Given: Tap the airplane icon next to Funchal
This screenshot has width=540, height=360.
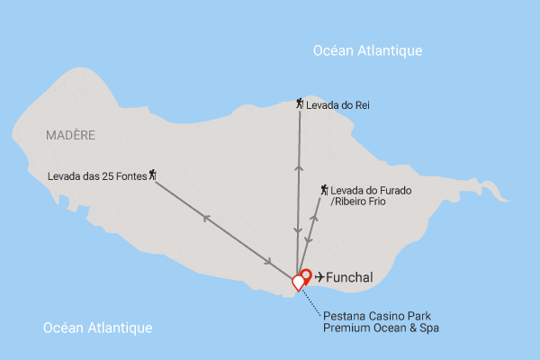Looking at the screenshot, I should tap(319, 277).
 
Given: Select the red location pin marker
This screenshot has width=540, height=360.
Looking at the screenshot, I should tap(306, 275).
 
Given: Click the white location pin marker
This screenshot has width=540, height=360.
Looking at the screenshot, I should tap(299, 283).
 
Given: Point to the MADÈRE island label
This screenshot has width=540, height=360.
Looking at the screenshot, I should tap(69, 135).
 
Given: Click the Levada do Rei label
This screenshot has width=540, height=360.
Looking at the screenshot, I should tap(337, 105).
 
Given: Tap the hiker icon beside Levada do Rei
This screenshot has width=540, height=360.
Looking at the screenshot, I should tap(300, 104).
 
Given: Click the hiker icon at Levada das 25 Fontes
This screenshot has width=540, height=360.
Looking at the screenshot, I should tap(153, 174).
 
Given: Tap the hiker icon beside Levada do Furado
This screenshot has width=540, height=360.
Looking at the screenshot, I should tap(324, 190).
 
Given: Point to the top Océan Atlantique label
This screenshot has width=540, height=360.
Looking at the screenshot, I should tap(367, 50).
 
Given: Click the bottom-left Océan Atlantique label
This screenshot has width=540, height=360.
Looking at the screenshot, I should tap(98, 328).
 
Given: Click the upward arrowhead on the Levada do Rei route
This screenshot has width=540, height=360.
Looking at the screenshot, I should tap(297, 166).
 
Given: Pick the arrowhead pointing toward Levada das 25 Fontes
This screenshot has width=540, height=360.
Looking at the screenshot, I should tap(206, 217).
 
